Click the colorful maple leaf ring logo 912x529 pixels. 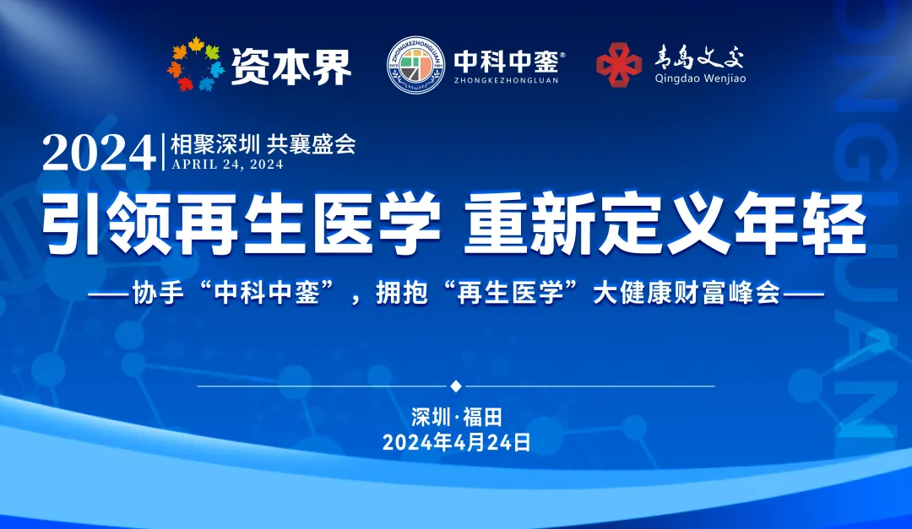195,64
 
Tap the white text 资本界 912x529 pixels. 291,67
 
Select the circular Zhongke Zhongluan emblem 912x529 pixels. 415,65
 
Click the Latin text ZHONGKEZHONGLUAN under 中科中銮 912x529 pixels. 506,80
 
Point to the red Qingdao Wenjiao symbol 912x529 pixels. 619,64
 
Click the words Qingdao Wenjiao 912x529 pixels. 700,78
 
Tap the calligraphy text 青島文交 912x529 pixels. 699,57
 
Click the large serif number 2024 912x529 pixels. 99,153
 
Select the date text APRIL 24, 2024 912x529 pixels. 227,165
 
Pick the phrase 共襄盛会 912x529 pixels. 311,145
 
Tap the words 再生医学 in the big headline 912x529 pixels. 307,223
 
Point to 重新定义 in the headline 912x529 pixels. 593,223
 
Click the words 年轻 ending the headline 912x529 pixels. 801,223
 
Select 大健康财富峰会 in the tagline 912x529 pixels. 687,293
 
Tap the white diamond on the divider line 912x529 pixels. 456,386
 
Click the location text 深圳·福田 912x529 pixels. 457,417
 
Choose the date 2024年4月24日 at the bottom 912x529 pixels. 457,442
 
